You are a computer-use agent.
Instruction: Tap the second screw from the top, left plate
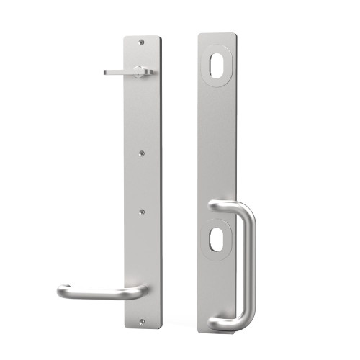coord(142,153)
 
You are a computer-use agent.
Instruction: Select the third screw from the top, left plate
coord(142,212)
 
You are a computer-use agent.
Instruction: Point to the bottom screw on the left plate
coord(142,320)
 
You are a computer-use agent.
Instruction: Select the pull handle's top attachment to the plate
coord(217,207)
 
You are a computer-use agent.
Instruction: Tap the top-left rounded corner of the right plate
coord(198,34)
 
